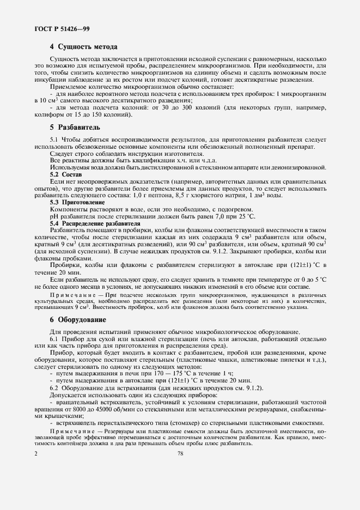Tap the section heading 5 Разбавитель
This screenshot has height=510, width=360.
pos(74,126)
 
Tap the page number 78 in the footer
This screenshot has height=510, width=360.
pos(180,453)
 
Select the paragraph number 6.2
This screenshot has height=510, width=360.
pos(54,388)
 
